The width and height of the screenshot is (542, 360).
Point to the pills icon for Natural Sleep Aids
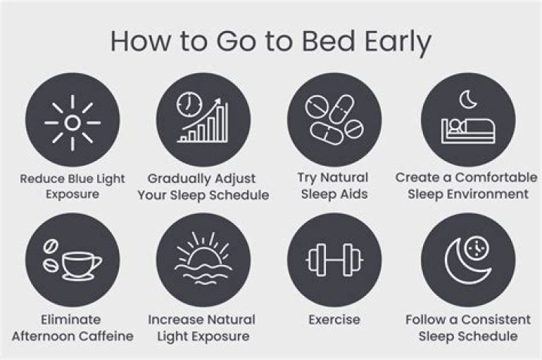point(333,120)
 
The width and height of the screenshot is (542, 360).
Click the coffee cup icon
point(79,263)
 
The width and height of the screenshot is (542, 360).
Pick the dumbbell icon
point(333,260)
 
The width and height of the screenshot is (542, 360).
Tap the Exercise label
point(333,319)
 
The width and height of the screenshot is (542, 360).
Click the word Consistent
point(488,319)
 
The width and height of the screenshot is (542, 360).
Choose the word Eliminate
point(72,319)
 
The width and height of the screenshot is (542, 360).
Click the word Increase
point(175,319)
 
